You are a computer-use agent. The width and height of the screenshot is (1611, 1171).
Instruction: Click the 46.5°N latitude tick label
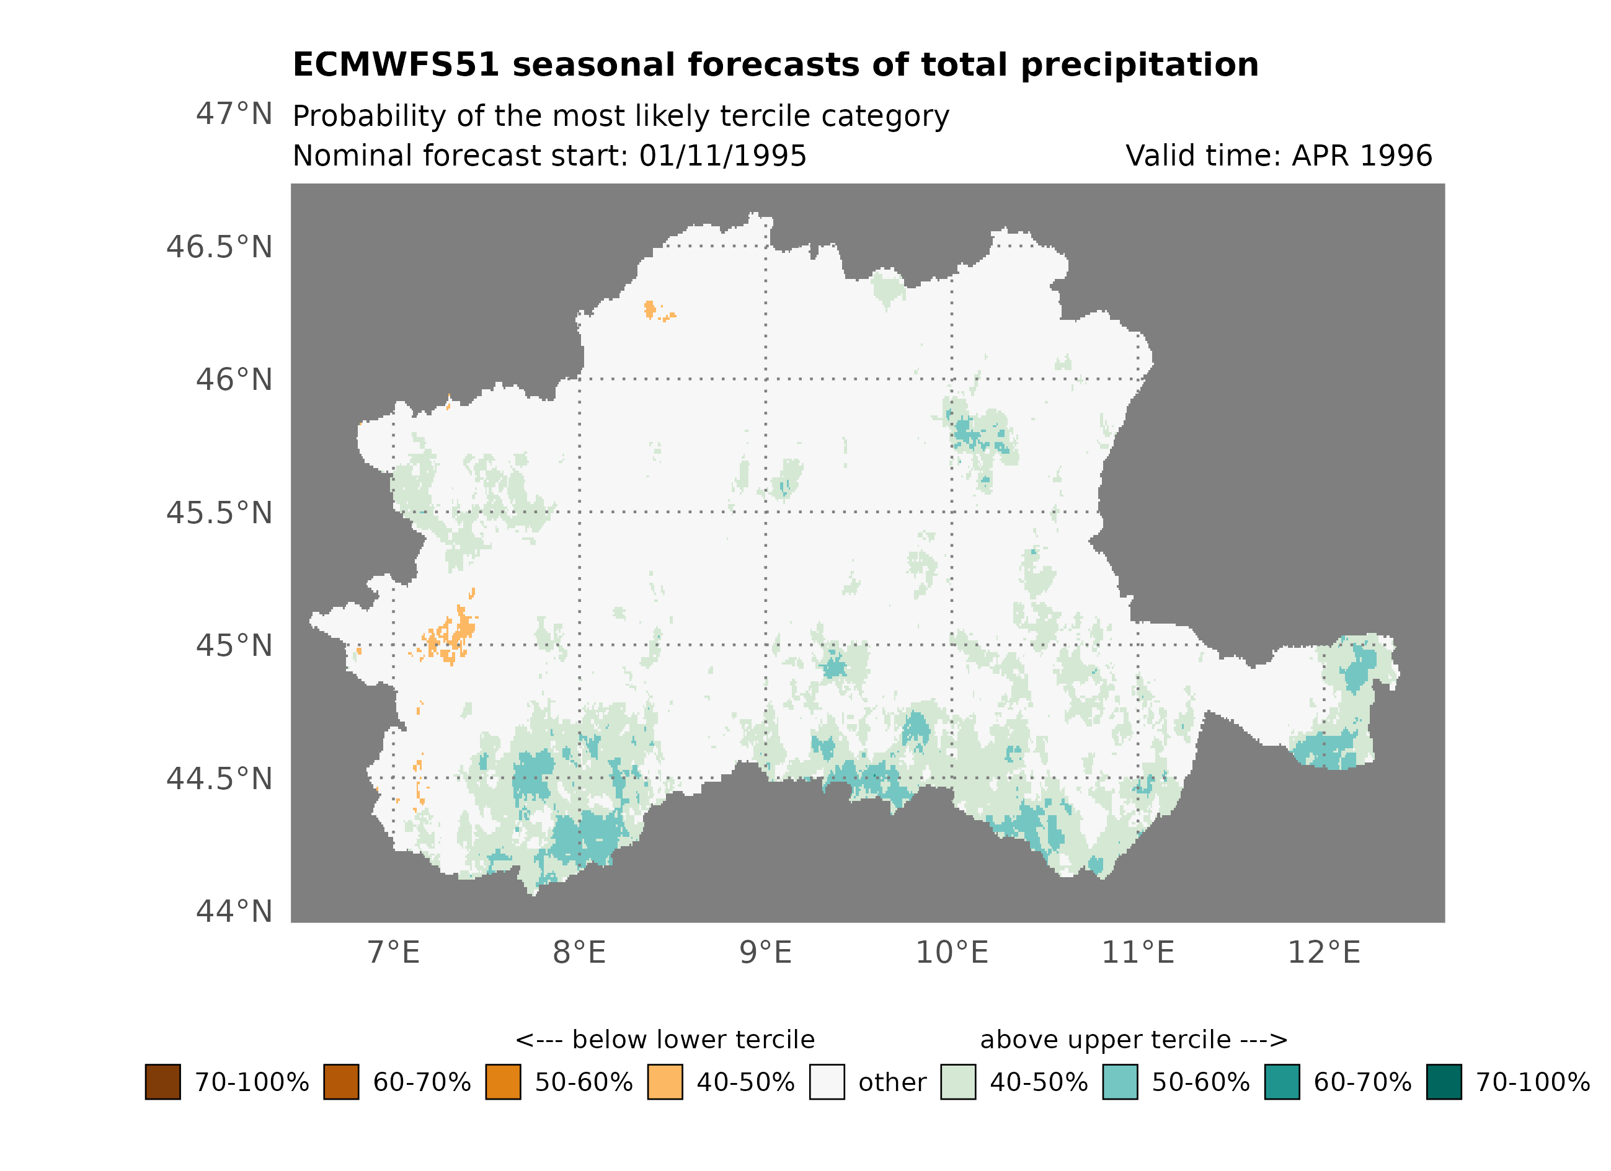click(219, 247)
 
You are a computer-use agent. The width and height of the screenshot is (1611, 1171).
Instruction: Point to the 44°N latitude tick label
click(234, 911)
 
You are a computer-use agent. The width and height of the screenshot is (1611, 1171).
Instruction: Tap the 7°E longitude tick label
click(394, 952)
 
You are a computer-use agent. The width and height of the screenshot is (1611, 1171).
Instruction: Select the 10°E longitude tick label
click(952, 952)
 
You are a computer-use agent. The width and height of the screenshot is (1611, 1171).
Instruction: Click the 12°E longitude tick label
click(1323, 952)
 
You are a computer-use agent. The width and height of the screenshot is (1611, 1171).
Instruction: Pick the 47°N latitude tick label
click(234, 113)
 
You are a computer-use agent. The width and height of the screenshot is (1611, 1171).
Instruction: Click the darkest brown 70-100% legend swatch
click(162, 1082)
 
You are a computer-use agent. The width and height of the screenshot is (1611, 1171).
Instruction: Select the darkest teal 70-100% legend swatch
click(1444, 1082)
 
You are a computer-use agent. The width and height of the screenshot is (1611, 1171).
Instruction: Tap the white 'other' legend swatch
click(827, 1082)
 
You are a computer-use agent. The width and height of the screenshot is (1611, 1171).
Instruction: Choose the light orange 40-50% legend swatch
click(665, 1082)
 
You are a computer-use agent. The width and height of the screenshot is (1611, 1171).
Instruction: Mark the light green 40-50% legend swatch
click(957, 1082)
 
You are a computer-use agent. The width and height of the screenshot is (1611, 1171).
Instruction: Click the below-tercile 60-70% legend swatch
click(341, 1082)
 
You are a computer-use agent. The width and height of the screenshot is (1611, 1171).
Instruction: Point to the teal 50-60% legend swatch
click(1119, 1082)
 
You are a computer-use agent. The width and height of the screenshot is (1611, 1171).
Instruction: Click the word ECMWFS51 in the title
click(396, 64)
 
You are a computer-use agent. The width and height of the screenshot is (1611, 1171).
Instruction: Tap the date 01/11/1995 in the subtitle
click(722, 156)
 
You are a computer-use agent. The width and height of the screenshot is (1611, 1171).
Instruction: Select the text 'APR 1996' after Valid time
click(1361, 156)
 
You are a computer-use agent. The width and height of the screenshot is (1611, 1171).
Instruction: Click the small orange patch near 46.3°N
click(650, 309)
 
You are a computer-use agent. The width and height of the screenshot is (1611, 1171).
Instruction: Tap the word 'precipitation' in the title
click(1139, 64)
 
